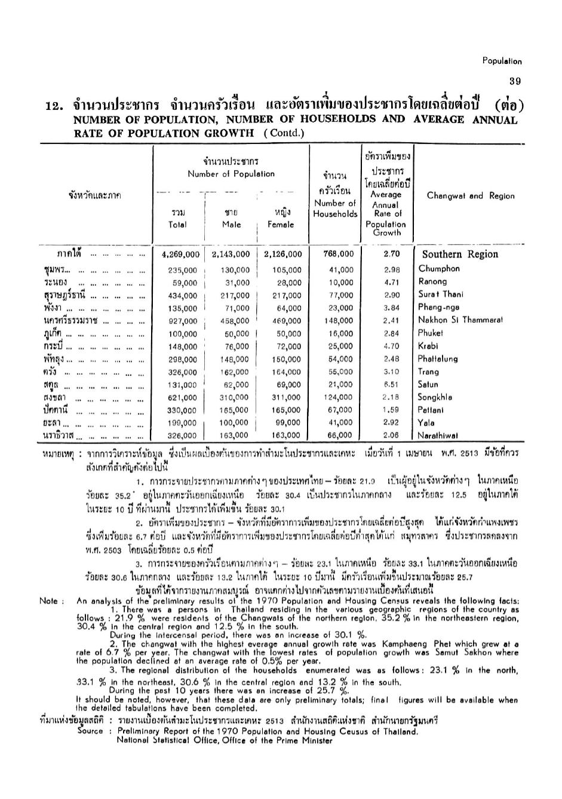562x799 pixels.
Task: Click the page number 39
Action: pos(515,81)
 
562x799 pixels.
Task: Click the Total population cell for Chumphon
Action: pos(182,270)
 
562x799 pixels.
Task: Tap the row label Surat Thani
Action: pos(441,295)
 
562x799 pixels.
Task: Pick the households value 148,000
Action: pos(340,321)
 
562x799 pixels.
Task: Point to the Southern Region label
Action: pos(459,254)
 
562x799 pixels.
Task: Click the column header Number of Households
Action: pos(334,208)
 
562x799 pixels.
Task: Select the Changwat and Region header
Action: pos(471,196)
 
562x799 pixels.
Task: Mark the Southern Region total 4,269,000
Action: pos(180,254)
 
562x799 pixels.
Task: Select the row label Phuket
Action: pos(431,333)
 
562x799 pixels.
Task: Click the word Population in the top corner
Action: pos(502,61)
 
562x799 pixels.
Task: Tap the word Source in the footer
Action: pos(91,731)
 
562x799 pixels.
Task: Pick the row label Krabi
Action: pos(428,346)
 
